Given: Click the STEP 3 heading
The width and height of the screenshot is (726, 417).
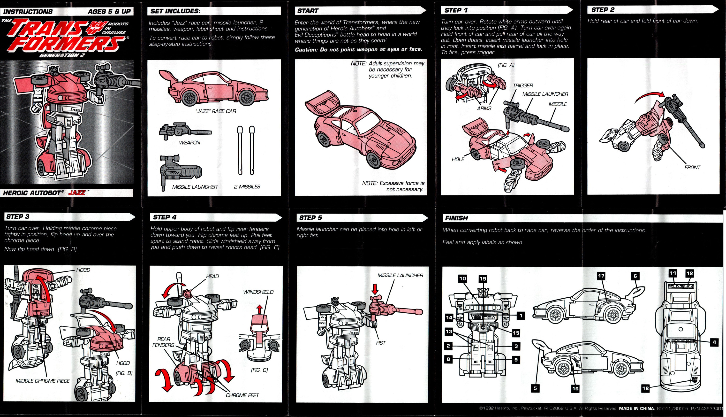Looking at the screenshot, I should (18, 216).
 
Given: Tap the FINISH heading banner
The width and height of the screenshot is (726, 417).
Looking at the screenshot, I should (456, 218).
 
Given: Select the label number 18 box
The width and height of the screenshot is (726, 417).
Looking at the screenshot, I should (645, 388).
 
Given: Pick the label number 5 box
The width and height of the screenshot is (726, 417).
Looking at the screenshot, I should (535, 388).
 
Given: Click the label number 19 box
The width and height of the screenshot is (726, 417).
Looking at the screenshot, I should (483, 278).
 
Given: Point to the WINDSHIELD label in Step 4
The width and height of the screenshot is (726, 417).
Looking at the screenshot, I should (258, 292).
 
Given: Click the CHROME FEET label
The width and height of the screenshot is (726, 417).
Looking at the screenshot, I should (242, 395).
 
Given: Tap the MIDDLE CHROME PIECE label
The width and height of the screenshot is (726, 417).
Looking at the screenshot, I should (42, 381).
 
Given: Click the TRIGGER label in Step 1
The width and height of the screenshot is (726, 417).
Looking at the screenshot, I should (522, 85).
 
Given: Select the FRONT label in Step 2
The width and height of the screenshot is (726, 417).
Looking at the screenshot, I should (692, 167).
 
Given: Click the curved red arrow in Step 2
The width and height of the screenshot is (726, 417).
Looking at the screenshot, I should (650, 97).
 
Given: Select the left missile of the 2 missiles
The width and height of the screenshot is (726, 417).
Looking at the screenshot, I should (240, 150).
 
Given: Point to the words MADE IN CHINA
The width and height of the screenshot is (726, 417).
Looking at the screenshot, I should (636, 409).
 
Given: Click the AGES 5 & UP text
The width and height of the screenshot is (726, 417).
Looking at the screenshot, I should (109, 11).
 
